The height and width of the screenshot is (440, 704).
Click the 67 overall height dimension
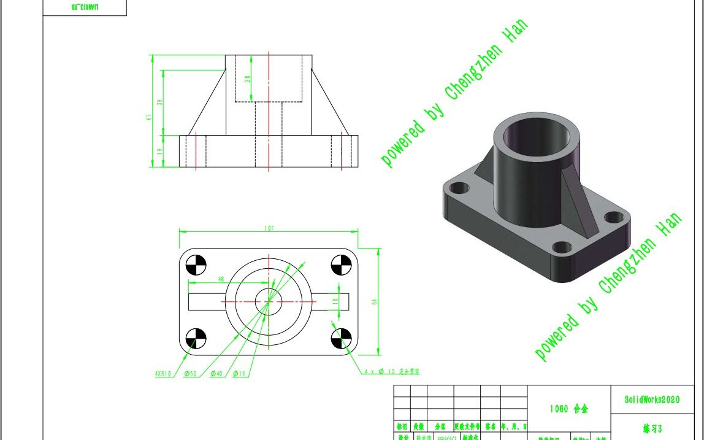[148, 117]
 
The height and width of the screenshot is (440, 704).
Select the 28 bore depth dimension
[247, 79]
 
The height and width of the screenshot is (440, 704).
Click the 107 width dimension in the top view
[268, 228]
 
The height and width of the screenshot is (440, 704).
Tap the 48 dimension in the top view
[220, 279]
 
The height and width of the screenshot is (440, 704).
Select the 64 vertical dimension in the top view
[374, 301]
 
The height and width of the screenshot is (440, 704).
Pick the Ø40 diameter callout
[216, 373]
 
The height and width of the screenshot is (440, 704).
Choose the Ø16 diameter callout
[239, 373]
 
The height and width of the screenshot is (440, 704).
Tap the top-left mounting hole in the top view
[196, 265]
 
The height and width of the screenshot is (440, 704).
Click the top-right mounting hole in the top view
[340, 265]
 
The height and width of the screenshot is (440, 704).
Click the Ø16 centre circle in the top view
[268, 301]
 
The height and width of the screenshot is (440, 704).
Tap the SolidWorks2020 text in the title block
[652, 399]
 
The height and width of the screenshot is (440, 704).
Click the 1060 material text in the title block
[568, 409]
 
